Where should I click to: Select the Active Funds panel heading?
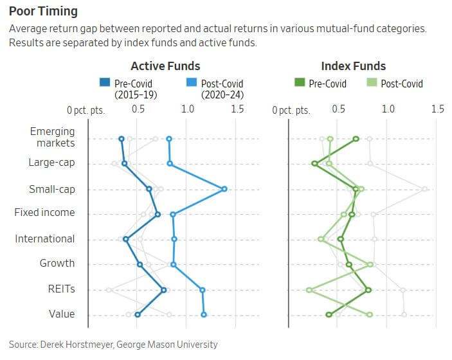pyautogui.click(x=165, y=66)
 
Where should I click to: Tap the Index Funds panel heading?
pyautogui.click(x=353, y=66)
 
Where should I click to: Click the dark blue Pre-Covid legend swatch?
pyautogui.click(x=104, y=84)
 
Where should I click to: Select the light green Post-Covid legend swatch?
pyautogui.click(x=371, y=84)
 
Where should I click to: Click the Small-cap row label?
pyautogui.click(x=51, y=189)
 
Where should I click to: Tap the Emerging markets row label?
pyautogui.click(x=52, y=137)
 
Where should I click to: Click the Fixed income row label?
pyautogui.click(x=44, y=213)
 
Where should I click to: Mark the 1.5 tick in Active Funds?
pyautogui.click(x=237, y=109)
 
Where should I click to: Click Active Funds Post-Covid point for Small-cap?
pyautogui.click(x=224, y=189)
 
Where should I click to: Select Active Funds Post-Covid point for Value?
pyautogui.click(x=204, y=314)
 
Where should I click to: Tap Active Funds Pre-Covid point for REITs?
pyautogui.click(x=164, y=290)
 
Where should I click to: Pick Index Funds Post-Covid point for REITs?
pyautogui.click(x=309, y=290)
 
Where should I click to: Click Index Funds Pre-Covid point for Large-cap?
pyautogui.click(x=314, y=163)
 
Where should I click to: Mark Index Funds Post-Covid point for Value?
pyautogui.click(x=370, y=314)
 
